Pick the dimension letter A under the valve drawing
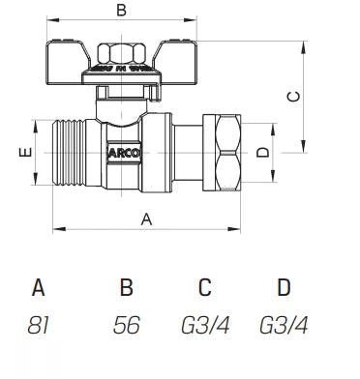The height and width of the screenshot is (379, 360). (147, 219)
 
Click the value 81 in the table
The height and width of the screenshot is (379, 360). (39, 326)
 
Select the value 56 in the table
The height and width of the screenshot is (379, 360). (125, 326)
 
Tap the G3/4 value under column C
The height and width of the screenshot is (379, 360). (203, 326)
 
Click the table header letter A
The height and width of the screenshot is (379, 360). (39, 287)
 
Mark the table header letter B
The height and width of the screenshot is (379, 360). (125, 287)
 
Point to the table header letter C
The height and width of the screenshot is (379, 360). (203, 287)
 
